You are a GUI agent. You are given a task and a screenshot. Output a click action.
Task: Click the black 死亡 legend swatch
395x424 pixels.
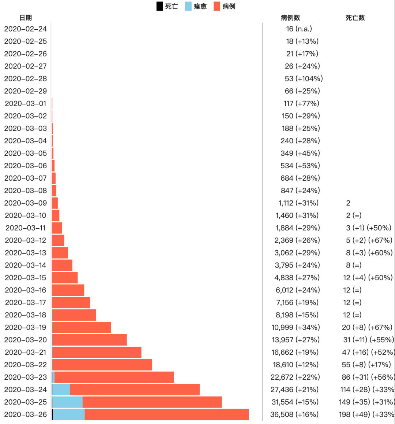159,6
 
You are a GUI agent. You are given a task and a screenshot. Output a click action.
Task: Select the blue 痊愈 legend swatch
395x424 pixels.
188,6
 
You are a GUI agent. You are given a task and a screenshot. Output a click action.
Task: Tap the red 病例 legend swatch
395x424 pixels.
217,6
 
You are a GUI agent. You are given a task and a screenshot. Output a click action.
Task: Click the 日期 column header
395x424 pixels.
26,18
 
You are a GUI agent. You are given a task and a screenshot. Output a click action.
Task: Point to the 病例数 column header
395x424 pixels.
290,18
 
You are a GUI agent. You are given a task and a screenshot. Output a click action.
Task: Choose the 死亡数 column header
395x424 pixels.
355,18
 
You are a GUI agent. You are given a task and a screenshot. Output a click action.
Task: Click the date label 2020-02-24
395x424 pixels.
26,29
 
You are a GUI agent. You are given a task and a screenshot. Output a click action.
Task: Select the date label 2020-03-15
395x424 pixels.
26,277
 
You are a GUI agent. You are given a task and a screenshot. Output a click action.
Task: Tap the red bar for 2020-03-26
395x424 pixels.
166,414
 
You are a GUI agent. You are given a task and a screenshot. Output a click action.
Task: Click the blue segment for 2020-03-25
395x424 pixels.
68,402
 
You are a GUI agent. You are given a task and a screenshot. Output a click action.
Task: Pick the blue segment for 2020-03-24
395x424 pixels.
61,390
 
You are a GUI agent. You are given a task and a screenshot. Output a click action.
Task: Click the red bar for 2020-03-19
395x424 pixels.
82,327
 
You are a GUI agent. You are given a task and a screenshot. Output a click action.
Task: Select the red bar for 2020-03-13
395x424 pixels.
60,253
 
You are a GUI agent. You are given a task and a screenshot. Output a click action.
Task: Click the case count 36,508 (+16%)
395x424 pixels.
294,414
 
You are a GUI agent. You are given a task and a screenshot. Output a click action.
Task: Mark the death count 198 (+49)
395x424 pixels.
366,414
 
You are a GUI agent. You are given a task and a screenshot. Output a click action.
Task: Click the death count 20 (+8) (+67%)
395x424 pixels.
367,327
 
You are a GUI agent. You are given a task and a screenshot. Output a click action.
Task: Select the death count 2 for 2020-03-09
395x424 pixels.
348,203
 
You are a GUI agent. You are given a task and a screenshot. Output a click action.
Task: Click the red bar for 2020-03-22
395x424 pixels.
102,365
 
